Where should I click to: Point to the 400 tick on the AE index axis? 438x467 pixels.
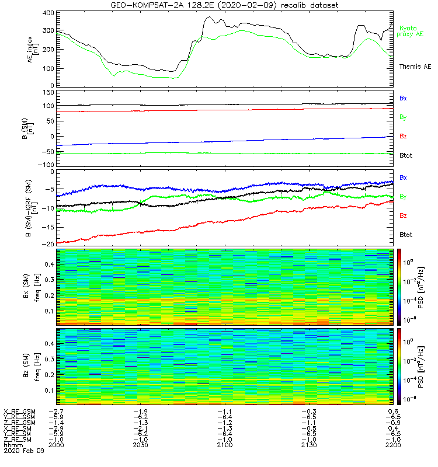point(48,13)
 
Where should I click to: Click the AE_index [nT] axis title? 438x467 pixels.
point(34,50)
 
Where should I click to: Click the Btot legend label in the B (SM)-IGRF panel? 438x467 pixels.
point(406,234)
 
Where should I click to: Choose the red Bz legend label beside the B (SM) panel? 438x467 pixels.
point(403,136)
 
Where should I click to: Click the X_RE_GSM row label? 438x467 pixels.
point(20,412)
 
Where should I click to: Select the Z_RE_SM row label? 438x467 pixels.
point(19,440)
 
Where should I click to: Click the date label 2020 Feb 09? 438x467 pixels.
point(19,451)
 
